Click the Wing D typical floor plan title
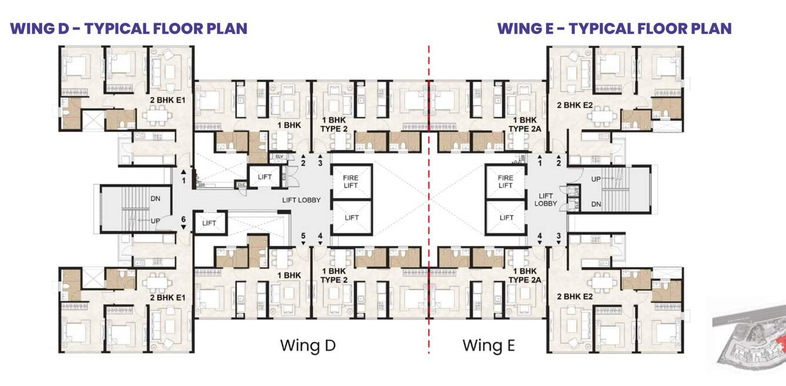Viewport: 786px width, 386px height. (128, 28)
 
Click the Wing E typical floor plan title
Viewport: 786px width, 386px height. (614, 28)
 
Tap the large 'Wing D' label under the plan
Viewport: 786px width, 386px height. (307, 345)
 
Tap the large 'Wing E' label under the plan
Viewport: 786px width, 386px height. (488, 345)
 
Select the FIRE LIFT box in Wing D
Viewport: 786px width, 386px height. (351, 181)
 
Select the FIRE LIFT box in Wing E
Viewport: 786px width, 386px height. (505, 181)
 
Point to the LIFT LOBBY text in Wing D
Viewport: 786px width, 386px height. (301, 200)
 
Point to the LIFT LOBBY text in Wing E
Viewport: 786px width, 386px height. (546, 200)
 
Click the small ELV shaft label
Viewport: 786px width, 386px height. (278, 157)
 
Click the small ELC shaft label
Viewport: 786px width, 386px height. (241, 185)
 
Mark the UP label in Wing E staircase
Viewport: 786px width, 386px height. (595, 178)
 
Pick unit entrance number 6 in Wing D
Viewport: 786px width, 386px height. (183, 219)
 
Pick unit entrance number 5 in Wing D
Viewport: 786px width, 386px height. (304, 237)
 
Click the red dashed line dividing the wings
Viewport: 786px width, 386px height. (429, 200)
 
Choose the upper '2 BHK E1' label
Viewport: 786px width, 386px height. (168, 100)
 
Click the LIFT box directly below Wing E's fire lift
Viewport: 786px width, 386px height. (506, 218)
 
